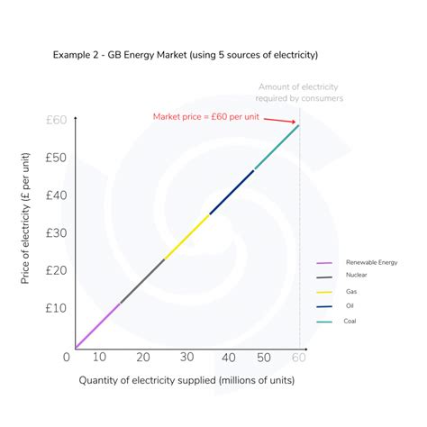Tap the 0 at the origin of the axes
(66, 358)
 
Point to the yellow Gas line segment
(186, 237)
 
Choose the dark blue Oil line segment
(232, 192)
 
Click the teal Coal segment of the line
(277, 147)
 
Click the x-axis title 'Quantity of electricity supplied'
(186, 380)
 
